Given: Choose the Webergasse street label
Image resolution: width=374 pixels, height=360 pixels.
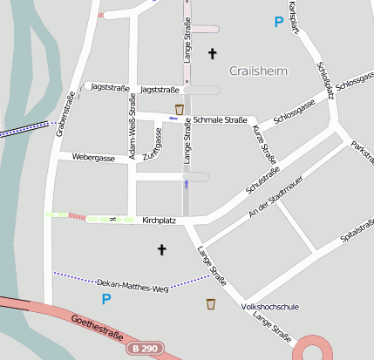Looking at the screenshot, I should [94, 159].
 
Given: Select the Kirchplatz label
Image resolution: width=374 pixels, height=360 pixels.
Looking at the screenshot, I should [159, 221].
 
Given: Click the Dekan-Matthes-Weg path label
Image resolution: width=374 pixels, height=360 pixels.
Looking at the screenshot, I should [131, 285].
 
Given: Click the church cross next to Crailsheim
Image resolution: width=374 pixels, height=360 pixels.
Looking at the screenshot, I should [211, 54].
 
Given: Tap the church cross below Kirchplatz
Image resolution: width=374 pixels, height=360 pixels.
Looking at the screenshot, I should [160, 250].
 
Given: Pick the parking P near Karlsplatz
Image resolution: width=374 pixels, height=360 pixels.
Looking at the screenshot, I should [279, 22].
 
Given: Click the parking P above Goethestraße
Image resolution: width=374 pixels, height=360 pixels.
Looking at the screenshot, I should [106, 300].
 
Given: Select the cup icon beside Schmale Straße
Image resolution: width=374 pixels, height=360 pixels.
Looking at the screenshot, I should [180, 109].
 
